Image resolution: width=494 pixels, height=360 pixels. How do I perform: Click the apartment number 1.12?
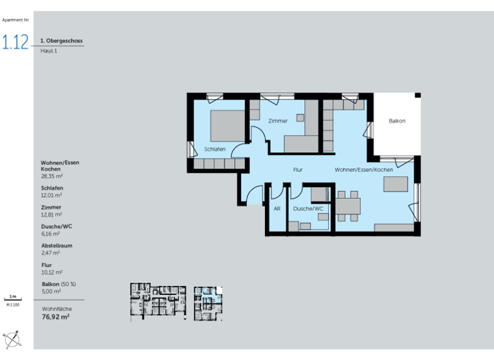pyautogui.click(x=15, y=42)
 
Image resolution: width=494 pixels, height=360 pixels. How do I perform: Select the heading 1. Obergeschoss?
pyautogui.click(x=61, y=41)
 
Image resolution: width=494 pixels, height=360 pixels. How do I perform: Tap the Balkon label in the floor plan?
pyautogui.click(x=397, y=121)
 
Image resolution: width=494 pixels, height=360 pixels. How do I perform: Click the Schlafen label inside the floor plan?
pyautogui.click(x=215, y=148)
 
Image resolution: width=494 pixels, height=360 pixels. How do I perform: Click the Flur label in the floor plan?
pyautogui.click(x=298, y=170)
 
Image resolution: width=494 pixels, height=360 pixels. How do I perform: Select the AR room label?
pyautogui.click(x=277, y=209)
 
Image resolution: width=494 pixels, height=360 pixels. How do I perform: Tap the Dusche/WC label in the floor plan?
pyautogui.click(x=307, y=209)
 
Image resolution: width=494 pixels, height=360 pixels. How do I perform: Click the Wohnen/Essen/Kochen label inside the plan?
pyautogui.click(x=363, y=170)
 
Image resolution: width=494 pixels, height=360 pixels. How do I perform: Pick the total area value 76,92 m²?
pyautogui.click(x=55, y=317)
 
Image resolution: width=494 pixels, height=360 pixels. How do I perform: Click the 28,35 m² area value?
pyautogui.click(x=51, y=175)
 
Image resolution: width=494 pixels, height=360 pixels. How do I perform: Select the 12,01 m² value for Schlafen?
pyautogui.click(x=51, y=195)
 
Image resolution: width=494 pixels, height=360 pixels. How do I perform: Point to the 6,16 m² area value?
pyautogui.click(x=50, y=233)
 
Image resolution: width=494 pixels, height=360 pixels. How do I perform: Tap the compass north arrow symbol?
pyautogui.click(x=14, y=338)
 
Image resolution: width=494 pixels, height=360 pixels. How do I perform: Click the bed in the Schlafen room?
pyautogui.click(x=224, y=125)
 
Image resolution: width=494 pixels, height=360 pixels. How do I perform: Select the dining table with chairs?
pyautogui.click(x=348, y=206)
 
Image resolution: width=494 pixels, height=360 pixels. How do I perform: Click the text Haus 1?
pyautogui.click(x=49, y=51)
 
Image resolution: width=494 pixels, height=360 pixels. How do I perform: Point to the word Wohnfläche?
pyautogui.click(x=55, y=309)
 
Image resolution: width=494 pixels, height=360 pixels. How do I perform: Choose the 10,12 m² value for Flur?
pyautogui.click(x=51, y=272)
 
